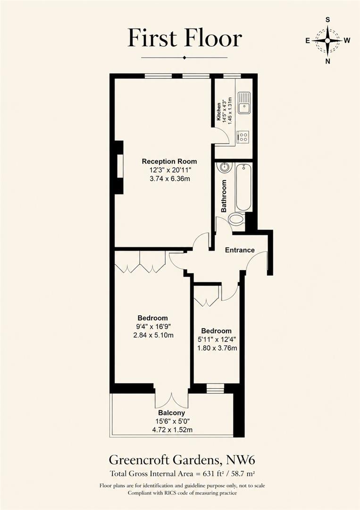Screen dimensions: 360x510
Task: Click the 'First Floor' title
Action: (184, 38)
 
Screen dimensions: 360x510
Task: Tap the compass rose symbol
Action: (327, 41)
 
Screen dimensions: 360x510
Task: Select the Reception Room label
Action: (169, 161)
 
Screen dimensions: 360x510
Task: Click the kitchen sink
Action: (244, 102)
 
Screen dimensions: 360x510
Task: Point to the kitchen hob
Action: (243, 136)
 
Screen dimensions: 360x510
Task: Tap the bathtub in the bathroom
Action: (243, 187)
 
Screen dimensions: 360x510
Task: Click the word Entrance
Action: (240, 250)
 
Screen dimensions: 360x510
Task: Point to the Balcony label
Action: (172, 413)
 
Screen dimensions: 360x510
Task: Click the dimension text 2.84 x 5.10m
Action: (153, 335)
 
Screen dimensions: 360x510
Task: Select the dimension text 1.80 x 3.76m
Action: (217, 348)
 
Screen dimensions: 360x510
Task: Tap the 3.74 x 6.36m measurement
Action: (169, 178)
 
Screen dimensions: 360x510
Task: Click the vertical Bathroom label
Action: (224, 196)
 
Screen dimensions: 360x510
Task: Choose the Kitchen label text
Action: (219, 111)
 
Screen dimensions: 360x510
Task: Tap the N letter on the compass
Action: (328, 61)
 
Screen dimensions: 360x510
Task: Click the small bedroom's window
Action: (216, 388)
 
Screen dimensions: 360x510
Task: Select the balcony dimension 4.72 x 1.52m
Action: (172, 430)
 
